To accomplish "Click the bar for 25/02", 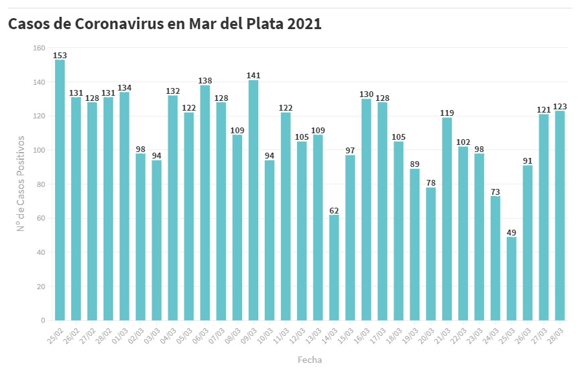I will pos(60,190).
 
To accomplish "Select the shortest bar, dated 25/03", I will pos(511,278).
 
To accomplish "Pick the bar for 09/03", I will pos(253,200).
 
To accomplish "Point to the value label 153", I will pos(60,56).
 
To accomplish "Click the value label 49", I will pos(511,232).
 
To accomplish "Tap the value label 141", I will pos(253,76).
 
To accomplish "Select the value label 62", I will pos(334,210).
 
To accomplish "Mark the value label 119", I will pos(447,113).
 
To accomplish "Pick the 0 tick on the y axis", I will pos(43,320).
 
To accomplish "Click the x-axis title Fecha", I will pos(309,360).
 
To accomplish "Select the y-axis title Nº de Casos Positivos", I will pos(21,184).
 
